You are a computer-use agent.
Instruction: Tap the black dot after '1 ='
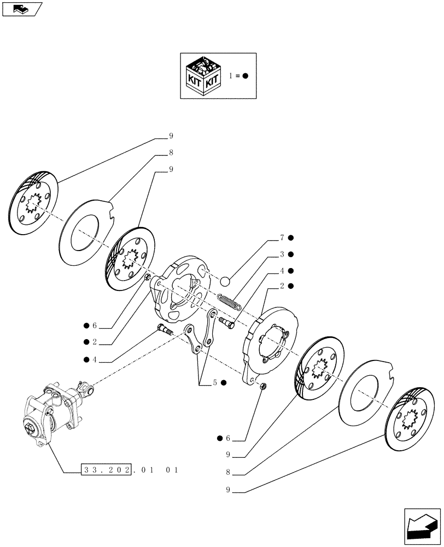pos(246,76)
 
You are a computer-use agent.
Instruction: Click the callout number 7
pos(282,238)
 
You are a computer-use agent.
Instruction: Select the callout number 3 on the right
pos(282,254)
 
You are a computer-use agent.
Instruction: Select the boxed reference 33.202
pos(106,470)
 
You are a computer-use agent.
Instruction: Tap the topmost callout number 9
pos(171,135)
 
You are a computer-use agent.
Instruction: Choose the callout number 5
pos(217,383)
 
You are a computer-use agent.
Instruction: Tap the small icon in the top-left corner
pos(22,9)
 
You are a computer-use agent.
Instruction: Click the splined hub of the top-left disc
pos(32,205)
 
